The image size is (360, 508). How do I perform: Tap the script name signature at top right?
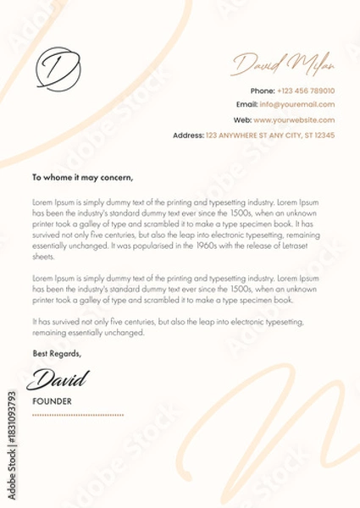click(283, 63)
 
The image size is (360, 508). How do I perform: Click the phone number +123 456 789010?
click(307, 91)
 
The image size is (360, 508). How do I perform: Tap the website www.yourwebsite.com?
click(294, 120)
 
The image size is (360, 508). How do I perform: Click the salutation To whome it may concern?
click(83, 178)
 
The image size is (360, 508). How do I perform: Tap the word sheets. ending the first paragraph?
click(43, 256)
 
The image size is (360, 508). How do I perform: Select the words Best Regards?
click(57, 353)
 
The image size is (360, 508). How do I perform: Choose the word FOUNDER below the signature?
click(52, 400)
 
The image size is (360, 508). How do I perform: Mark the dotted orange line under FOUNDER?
click(78, 416)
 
